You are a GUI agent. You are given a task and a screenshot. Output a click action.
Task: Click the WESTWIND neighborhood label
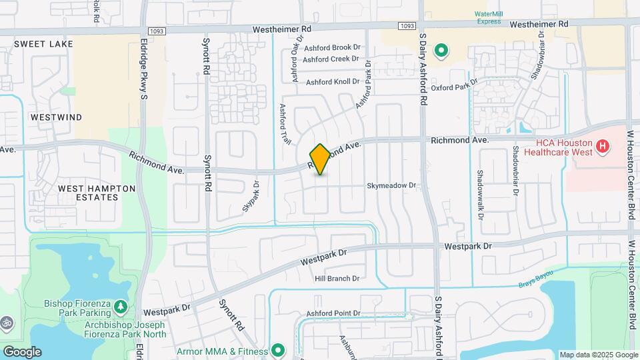point(57,117)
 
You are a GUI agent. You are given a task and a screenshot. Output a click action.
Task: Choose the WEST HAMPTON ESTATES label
point(97,193)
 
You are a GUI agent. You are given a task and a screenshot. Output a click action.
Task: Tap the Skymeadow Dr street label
point(391,186)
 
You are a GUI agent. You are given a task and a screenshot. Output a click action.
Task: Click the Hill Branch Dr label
point(337,279)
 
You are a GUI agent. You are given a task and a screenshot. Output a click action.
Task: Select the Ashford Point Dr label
point(333,313)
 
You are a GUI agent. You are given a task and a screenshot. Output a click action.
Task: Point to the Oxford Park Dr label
point(455,87)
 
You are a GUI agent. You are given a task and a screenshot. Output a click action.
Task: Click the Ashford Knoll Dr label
point(333,83)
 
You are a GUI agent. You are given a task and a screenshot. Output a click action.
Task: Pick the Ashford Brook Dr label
point(332,47)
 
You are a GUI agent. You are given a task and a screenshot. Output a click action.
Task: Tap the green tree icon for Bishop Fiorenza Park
point(121,307)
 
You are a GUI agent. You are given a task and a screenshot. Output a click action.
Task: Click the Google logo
point(22,352)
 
